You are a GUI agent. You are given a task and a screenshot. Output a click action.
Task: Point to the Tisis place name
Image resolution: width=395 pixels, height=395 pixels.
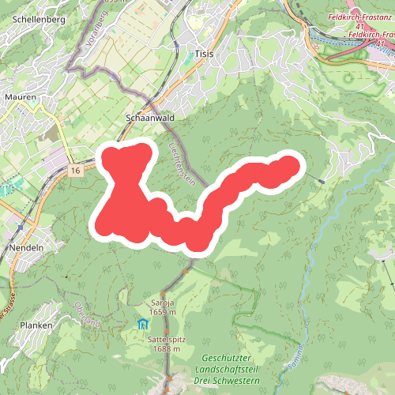click(203, 55)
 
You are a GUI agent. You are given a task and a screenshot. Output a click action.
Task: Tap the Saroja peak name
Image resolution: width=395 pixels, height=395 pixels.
click(161, 303)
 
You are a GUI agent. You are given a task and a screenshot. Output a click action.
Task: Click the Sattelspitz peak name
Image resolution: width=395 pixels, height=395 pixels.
click(165, 340)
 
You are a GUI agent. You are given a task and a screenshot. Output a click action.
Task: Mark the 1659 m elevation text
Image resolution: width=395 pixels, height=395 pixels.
click(161, 312)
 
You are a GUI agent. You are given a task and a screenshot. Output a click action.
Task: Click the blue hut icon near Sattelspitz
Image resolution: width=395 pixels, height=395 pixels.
click(142, 325)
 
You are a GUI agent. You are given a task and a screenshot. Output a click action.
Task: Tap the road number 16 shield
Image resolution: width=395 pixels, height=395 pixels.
click(75, 171)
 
